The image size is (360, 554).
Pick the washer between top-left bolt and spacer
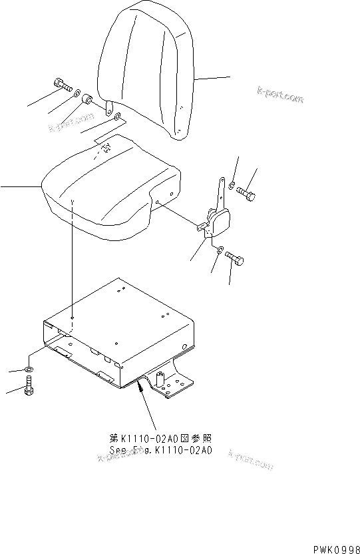pyautogui.click(x=77, y=92)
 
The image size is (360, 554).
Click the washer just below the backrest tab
pyautogui.click(x=118, y=118)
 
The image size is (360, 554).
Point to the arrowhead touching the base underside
pyautogui.click(x=140, y=383)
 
